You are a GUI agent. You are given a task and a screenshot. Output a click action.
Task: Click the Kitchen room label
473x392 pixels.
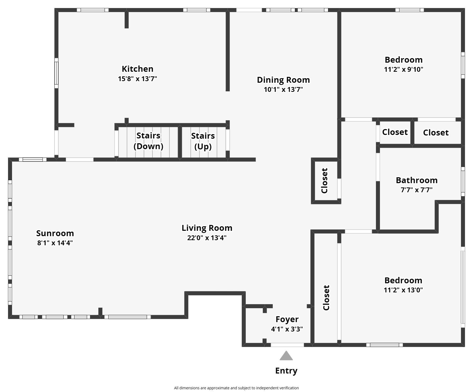coord(137,69)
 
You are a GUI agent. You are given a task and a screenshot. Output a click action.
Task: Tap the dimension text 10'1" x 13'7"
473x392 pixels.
coord(283,89)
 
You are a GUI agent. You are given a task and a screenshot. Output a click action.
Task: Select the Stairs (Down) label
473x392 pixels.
coord(148,141)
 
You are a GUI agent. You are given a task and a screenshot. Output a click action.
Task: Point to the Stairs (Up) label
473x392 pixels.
coord(203,141)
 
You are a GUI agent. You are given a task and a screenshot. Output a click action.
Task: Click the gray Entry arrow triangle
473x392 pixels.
coord(286,356)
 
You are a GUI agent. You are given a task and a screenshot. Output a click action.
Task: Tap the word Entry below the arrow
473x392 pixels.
coord(286,371)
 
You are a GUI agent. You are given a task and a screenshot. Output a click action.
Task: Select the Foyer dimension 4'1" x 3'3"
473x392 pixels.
coord(287,329)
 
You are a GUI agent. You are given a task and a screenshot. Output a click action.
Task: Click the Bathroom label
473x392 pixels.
coord(416,180)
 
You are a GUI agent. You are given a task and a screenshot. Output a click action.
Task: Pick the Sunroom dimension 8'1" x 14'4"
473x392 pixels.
coord(55,243)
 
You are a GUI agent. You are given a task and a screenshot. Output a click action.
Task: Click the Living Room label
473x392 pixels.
coord(207,228)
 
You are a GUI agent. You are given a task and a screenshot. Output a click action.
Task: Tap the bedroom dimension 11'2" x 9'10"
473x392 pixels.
coord(403,69)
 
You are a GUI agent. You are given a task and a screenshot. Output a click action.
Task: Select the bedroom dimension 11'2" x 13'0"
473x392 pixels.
coord(403,290)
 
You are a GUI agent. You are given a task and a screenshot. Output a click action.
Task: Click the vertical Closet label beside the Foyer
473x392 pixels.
coord(326,297)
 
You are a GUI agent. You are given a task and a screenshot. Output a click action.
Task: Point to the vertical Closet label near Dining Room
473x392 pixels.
coord(324,180)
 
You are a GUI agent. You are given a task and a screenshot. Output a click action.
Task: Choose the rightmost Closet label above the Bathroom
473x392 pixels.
coord(436,133)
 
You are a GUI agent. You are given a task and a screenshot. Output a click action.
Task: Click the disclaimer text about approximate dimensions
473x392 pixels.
coord(236,388)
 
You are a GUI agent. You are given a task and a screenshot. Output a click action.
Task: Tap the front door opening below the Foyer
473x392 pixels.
coord(287,345)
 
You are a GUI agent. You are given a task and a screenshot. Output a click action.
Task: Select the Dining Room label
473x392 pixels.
coord(283,80)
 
